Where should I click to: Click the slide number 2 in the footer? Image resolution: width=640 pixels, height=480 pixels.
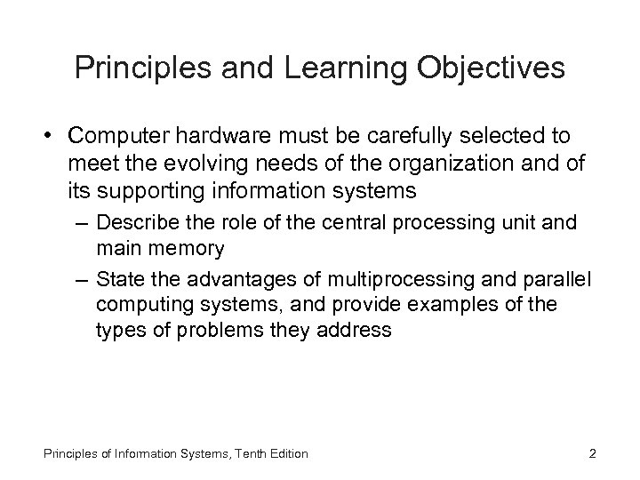point(592,454)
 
